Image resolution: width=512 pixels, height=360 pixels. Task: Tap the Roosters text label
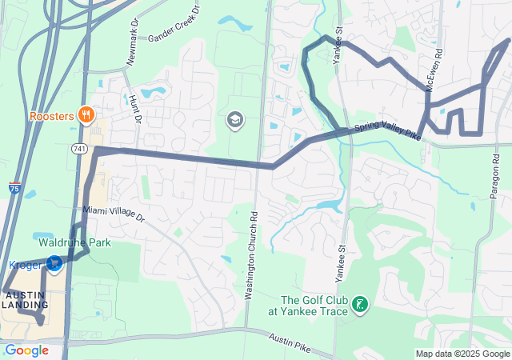tap(52, 116)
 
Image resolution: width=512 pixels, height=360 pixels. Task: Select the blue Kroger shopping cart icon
tap(54, 263)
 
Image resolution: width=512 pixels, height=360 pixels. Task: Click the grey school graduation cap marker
tap(235, 121)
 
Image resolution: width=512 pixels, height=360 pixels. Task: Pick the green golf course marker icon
tap(361, 304)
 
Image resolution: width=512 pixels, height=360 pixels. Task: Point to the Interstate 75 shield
tap(15, 188)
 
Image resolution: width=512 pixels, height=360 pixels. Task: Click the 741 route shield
tap(78, 149)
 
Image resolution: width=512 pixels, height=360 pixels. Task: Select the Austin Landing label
tap(24, 300)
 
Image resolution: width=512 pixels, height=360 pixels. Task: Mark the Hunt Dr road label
tap(134, 109)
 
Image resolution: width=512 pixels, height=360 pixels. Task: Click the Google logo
tap(26, 350)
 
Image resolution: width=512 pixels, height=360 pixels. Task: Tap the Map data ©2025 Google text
tap(462, 354)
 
